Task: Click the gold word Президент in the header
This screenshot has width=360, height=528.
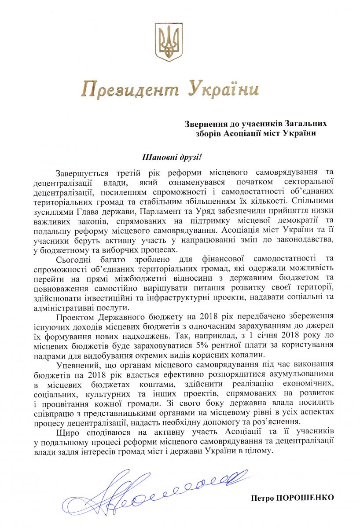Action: [131, 89]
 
